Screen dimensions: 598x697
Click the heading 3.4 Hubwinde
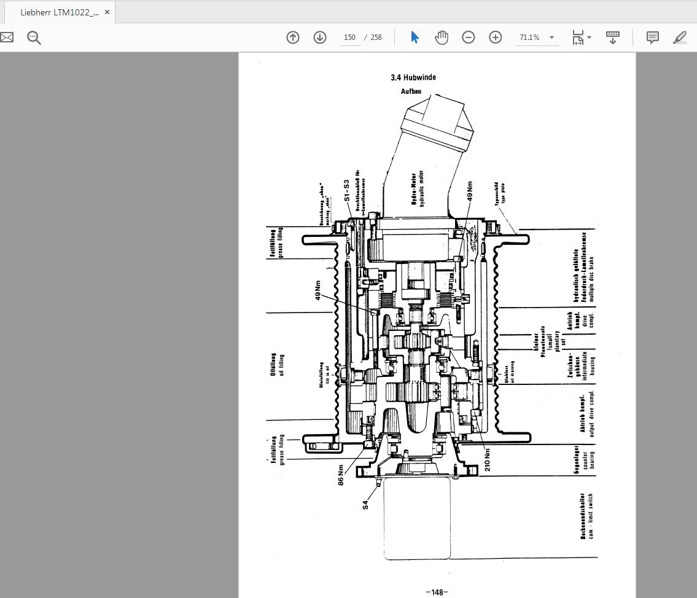[x=413, y=78]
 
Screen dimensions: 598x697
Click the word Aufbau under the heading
[x=411, y=91]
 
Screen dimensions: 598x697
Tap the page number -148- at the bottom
[x=437, y=592]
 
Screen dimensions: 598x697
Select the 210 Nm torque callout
[x=488, y=459]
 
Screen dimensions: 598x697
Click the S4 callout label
[x=365, y=505]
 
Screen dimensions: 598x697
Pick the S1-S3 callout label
[x=346, y=191]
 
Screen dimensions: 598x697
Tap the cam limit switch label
[x=586, y=516]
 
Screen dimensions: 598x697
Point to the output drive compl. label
[x=586, y=414]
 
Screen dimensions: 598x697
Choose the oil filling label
[x=277, y=364]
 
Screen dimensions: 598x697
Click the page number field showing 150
[x=349, y=37]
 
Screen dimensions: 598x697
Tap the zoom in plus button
[x=496, y=37]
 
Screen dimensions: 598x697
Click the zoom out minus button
[x=469, y=37]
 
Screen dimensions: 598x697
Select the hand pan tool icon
[x=442, y=37]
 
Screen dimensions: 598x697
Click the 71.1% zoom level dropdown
[x=536, y=37]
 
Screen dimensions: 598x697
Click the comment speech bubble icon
[x=653, y=37]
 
